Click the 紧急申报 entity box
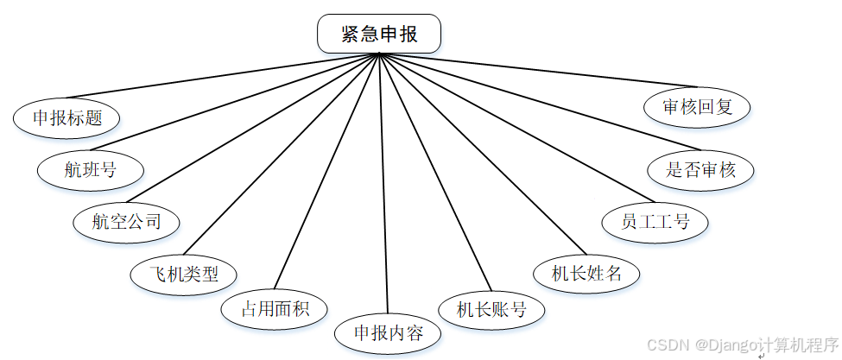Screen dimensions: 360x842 tap(379, 35)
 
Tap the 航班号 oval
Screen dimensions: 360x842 tap(90, 169)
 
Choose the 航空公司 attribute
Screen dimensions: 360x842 tap(127, 221)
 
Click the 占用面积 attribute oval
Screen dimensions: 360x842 tap(273, 308)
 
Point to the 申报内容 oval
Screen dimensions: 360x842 tap(388, 332)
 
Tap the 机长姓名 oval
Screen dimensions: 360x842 tap(587, 274)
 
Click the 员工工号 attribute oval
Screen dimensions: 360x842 tap(655, 222)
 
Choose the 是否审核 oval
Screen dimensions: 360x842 tap(700, 169)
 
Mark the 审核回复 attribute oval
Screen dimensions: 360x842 tap(697, 107)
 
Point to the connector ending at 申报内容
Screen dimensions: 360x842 tap(383, 190)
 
